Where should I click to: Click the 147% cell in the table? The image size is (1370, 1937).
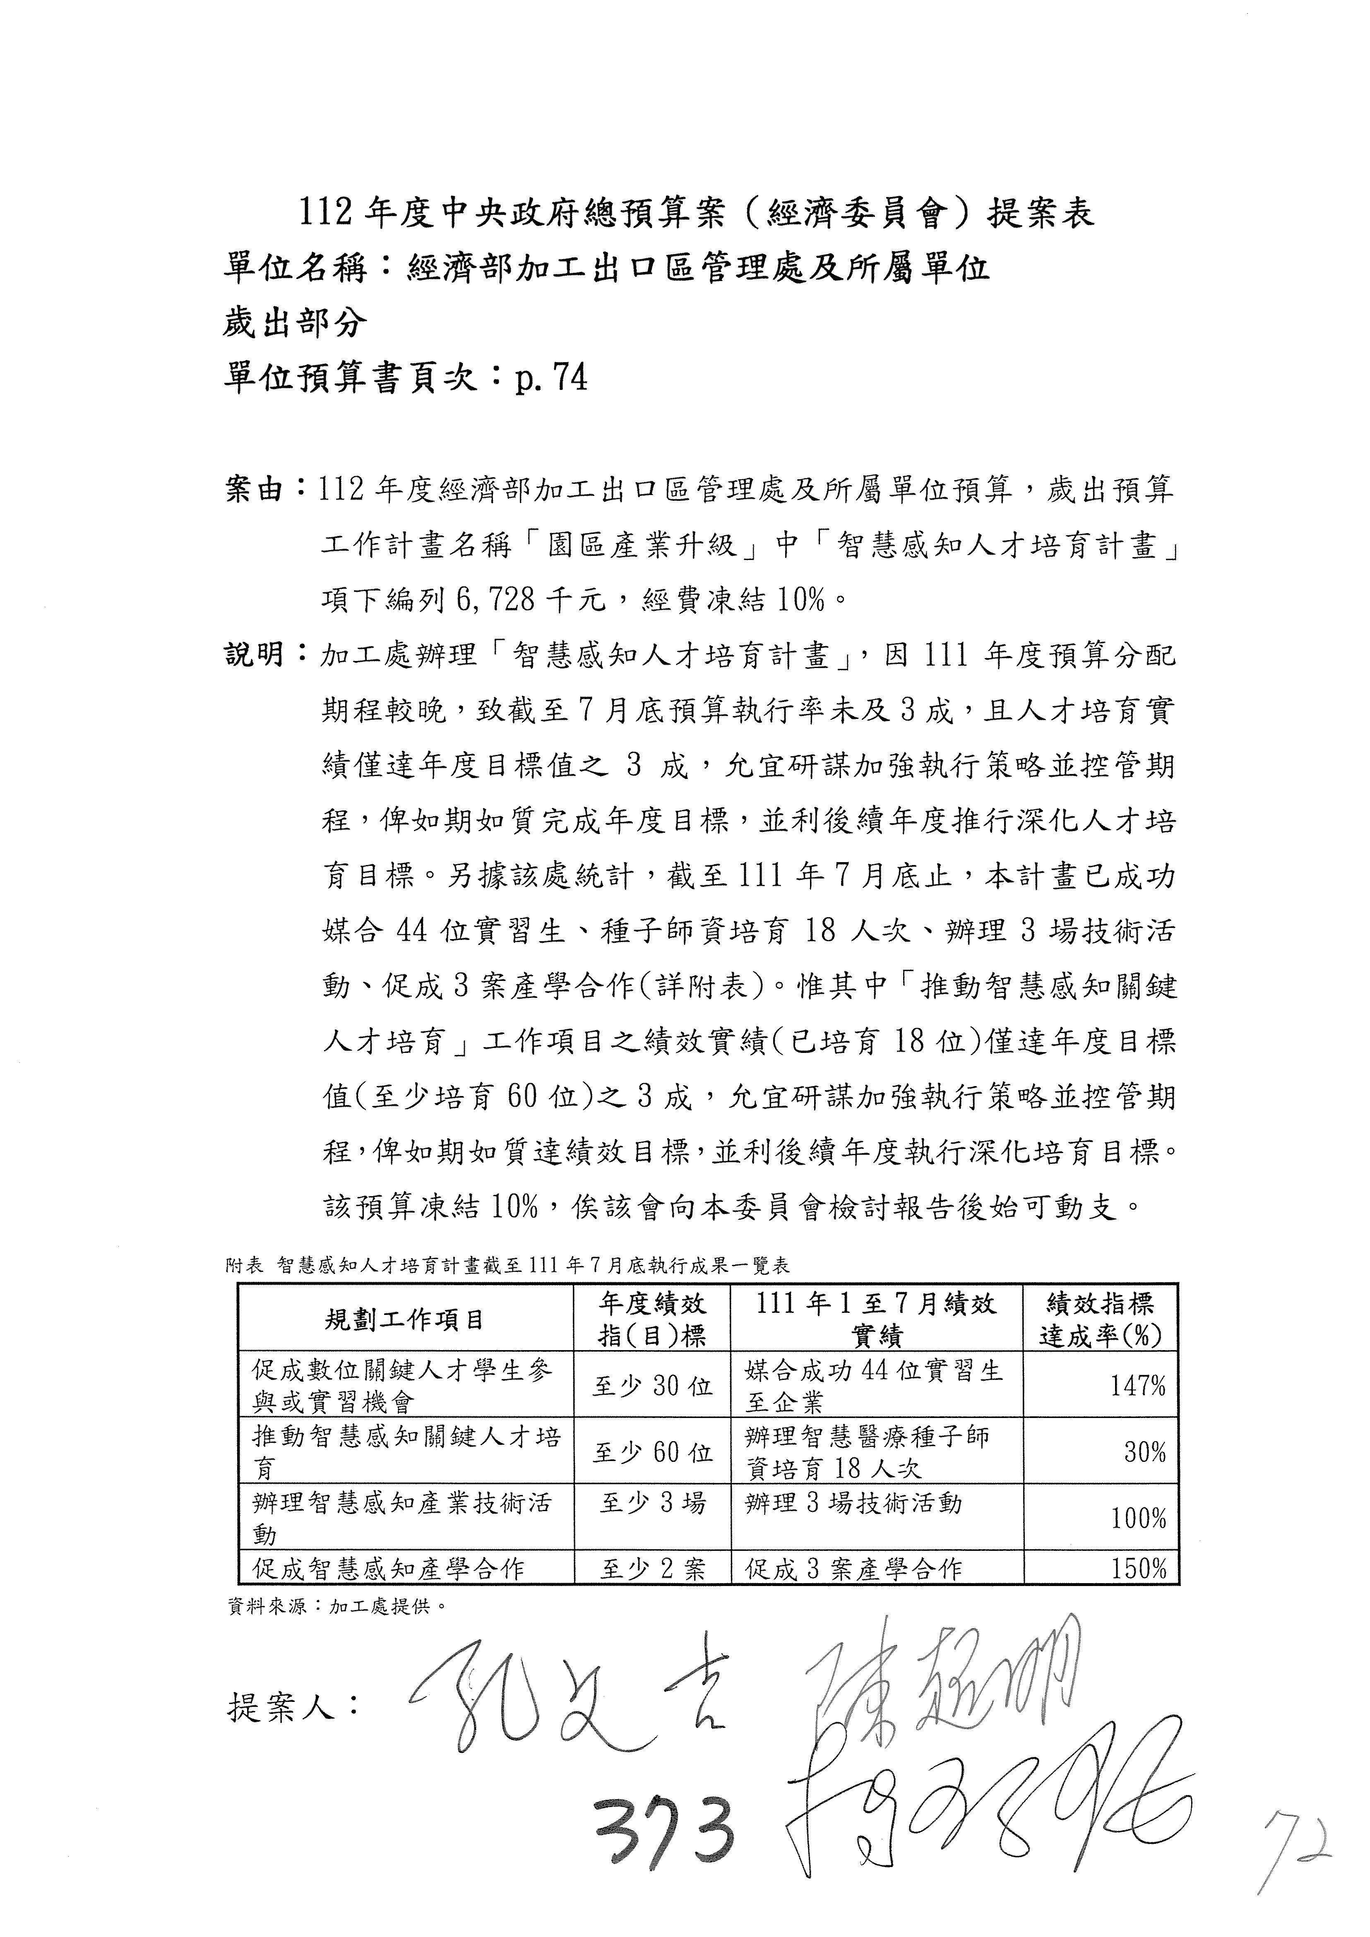[1138, 1385]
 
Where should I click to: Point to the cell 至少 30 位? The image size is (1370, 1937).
[652, 1385]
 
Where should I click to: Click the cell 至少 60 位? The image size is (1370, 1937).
[652, 1452]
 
